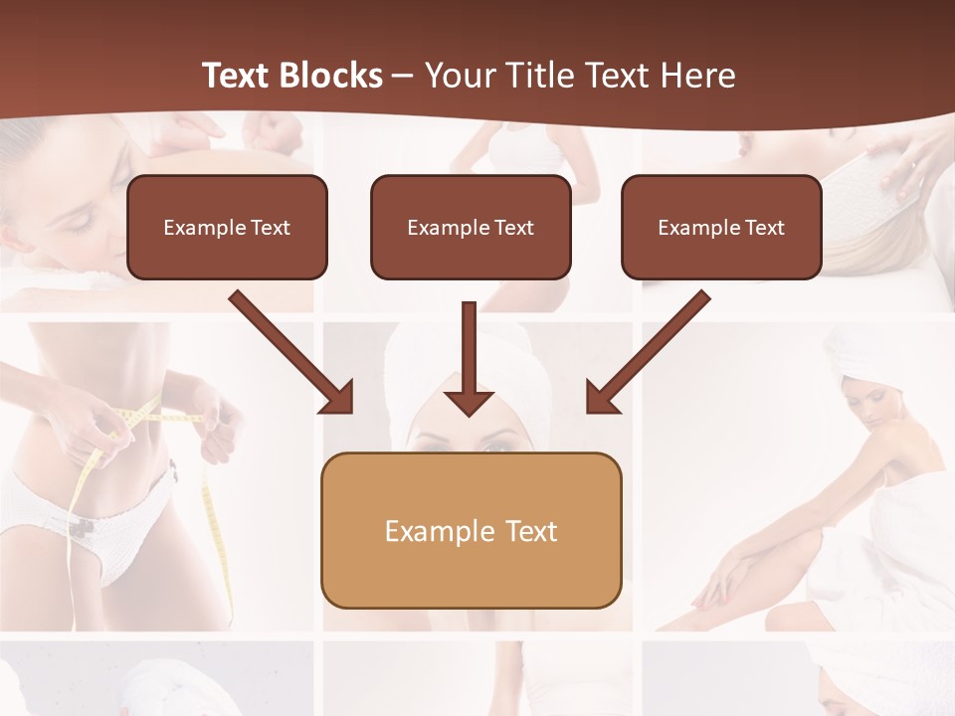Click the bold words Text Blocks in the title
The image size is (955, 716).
click(x=291, y=76)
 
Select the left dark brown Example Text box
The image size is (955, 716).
click(x=227, y=228)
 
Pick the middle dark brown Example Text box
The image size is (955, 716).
click(x=471, y=228)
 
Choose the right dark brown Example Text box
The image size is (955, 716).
click(x=721, y=228)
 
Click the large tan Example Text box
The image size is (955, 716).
click(x=471, y=531)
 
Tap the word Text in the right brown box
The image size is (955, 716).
click(x=764, y=228)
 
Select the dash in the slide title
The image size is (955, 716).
click(x=403, y=76)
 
